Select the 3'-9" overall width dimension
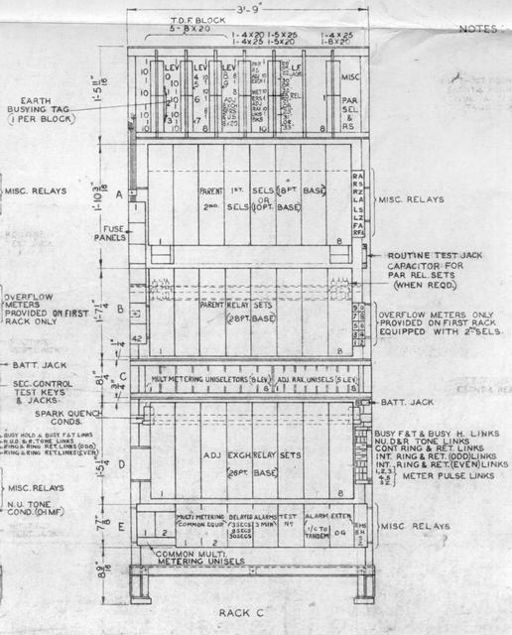tap(246, 13)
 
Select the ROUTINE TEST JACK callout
tap(428, 254)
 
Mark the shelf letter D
tap(121, 463)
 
